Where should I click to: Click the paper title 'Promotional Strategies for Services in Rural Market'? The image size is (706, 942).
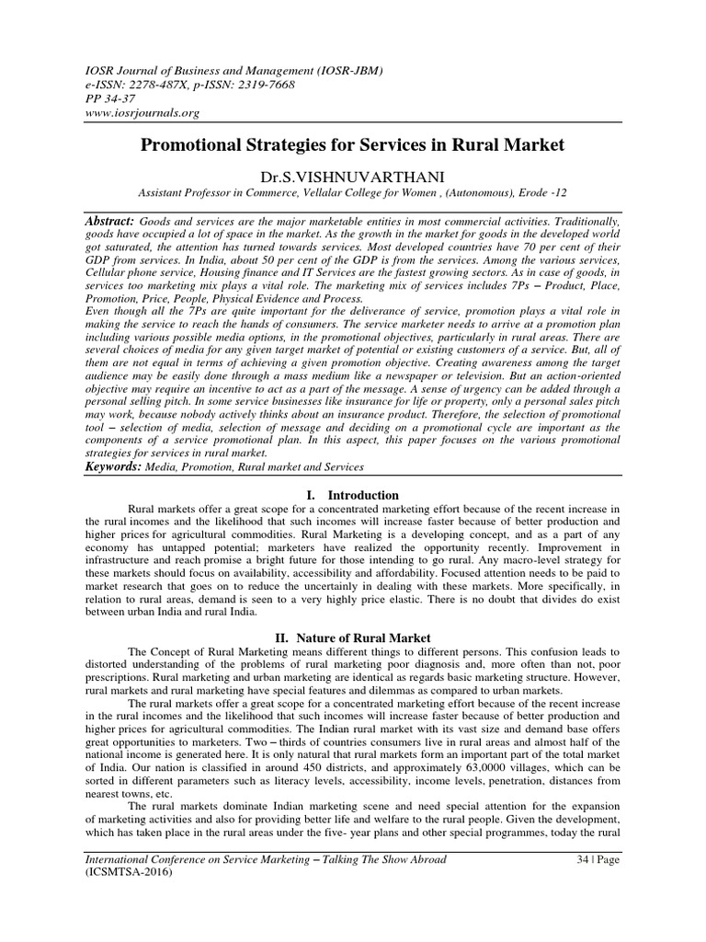[352, 145]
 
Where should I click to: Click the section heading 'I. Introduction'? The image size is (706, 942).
[353, 495]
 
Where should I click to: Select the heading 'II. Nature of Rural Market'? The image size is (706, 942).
[353, 637]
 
